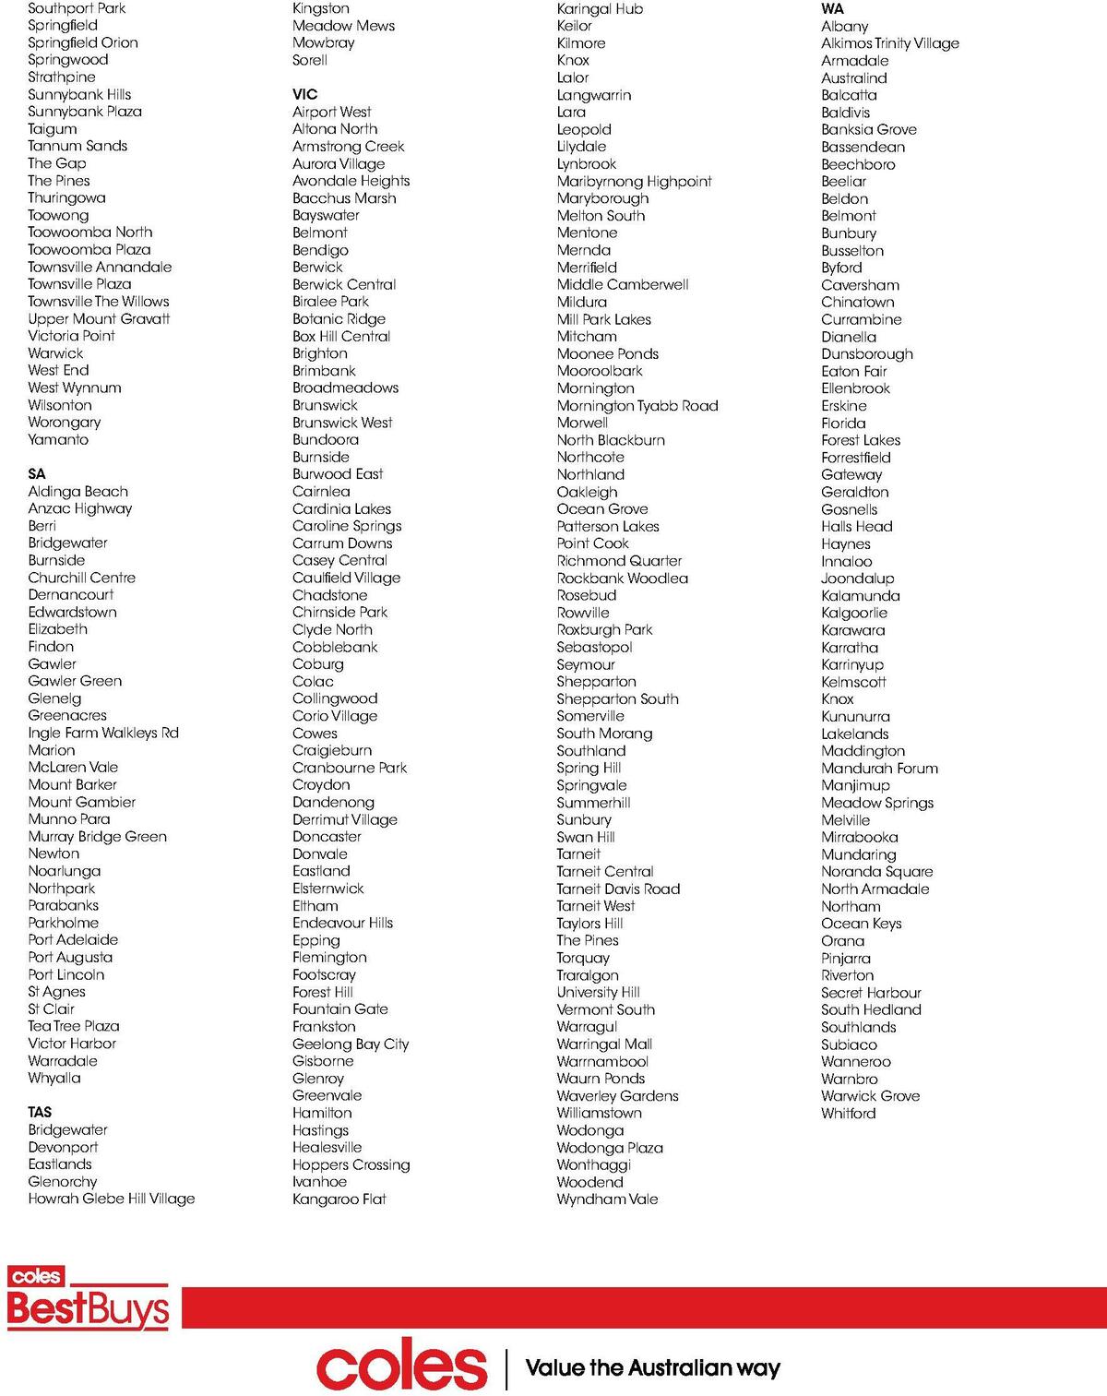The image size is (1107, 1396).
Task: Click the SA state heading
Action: coord(37,474)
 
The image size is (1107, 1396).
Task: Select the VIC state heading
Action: coord(304,94)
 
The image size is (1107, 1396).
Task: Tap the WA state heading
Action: coord(832,9)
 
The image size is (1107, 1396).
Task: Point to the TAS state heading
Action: coord(40,1112)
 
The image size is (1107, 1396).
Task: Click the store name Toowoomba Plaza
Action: coord(89,249)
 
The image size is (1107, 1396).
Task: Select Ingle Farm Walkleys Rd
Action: coord(103,733)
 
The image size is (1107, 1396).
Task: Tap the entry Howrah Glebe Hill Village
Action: coord(112,1199)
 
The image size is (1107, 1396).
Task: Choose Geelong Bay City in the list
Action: coord(351,1044)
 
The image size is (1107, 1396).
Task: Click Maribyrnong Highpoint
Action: coord(634,181)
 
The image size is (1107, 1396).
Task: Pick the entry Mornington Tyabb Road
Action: coord(637,405)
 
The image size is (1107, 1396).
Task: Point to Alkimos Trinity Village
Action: coord(890,43)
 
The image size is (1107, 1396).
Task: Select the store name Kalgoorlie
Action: coord(854,613)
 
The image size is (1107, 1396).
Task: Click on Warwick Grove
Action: coord(870,1096)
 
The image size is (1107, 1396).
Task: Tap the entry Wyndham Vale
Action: coord(607,1199)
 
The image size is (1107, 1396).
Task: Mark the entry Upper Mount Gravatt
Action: coord(99,318)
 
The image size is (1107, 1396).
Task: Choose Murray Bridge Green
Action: coord(98,837)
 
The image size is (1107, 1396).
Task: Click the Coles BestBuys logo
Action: coord(89,1298)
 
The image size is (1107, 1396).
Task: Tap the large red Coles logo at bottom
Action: coord(401,1366)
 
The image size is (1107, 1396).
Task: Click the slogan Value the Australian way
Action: coord(652,1367)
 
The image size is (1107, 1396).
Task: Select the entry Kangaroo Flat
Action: coord(339,1199)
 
